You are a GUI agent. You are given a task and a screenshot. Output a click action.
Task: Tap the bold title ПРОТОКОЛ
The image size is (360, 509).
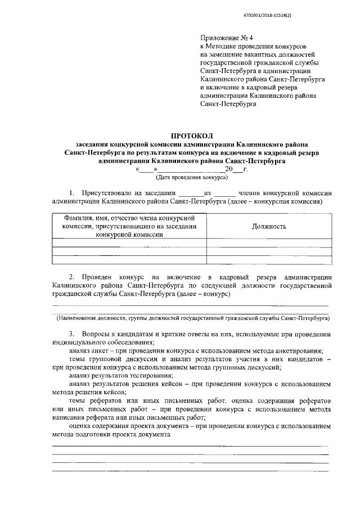192,136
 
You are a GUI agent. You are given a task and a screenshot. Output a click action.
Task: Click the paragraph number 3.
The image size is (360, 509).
71,335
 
